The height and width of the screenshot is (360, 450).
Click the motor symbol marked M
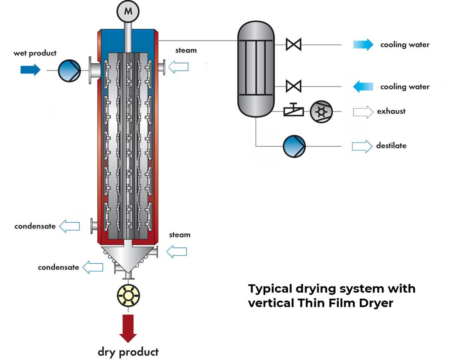pyautogui.click(x=128, y=11)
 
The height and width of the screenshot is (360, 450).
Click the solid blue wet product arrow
pyautogui.click(x=30, y=70)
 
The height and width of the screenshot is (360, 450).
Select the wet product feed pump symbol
pyautogui.click(x=69, y=70)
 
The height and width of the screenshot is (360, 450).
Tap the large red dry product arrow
pyautogui.click(x=128, y=327)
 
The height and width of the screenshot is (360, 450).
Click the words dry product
pyautogui.click(x=128, y=352)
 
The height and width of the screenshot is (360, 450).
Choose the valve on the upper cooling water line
pyautogui.click(x=293, y=44)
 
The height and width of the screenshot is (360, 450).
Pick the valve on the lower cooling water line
pyautogui.click(x=293, y=87)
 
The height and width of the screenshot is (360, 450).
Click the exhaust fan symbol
pyautogui.click(x=321, y=111)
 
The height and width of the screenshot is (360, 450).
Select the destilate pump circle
pyautogui.click(x=294, y=146)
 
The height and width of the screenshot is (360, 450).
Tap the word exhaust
pyautogui.click(x=391, y=111)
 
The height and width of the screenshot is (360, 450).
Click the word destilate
pyautogui.click(x=391, y=145)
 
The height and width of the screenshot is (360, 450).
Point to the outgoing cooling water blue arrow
pyautogui.click(x=363, y=45)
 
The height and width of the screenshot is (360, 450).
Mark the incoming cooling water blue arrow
pyautogui.click(x=363, y=87)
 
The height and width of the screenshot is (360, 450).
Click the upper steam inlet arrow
pyautogui.click(x=178, y=67)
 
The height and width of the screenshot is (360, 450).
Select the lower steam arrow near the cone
pyautogui.click(x=177, y=252)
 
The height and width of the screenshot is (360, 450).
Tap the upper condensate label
pyautogui.click(x=35, y=226)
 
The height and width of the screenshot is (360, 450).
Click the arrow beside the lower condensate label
pyautogui.click(x=93, y=267)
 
